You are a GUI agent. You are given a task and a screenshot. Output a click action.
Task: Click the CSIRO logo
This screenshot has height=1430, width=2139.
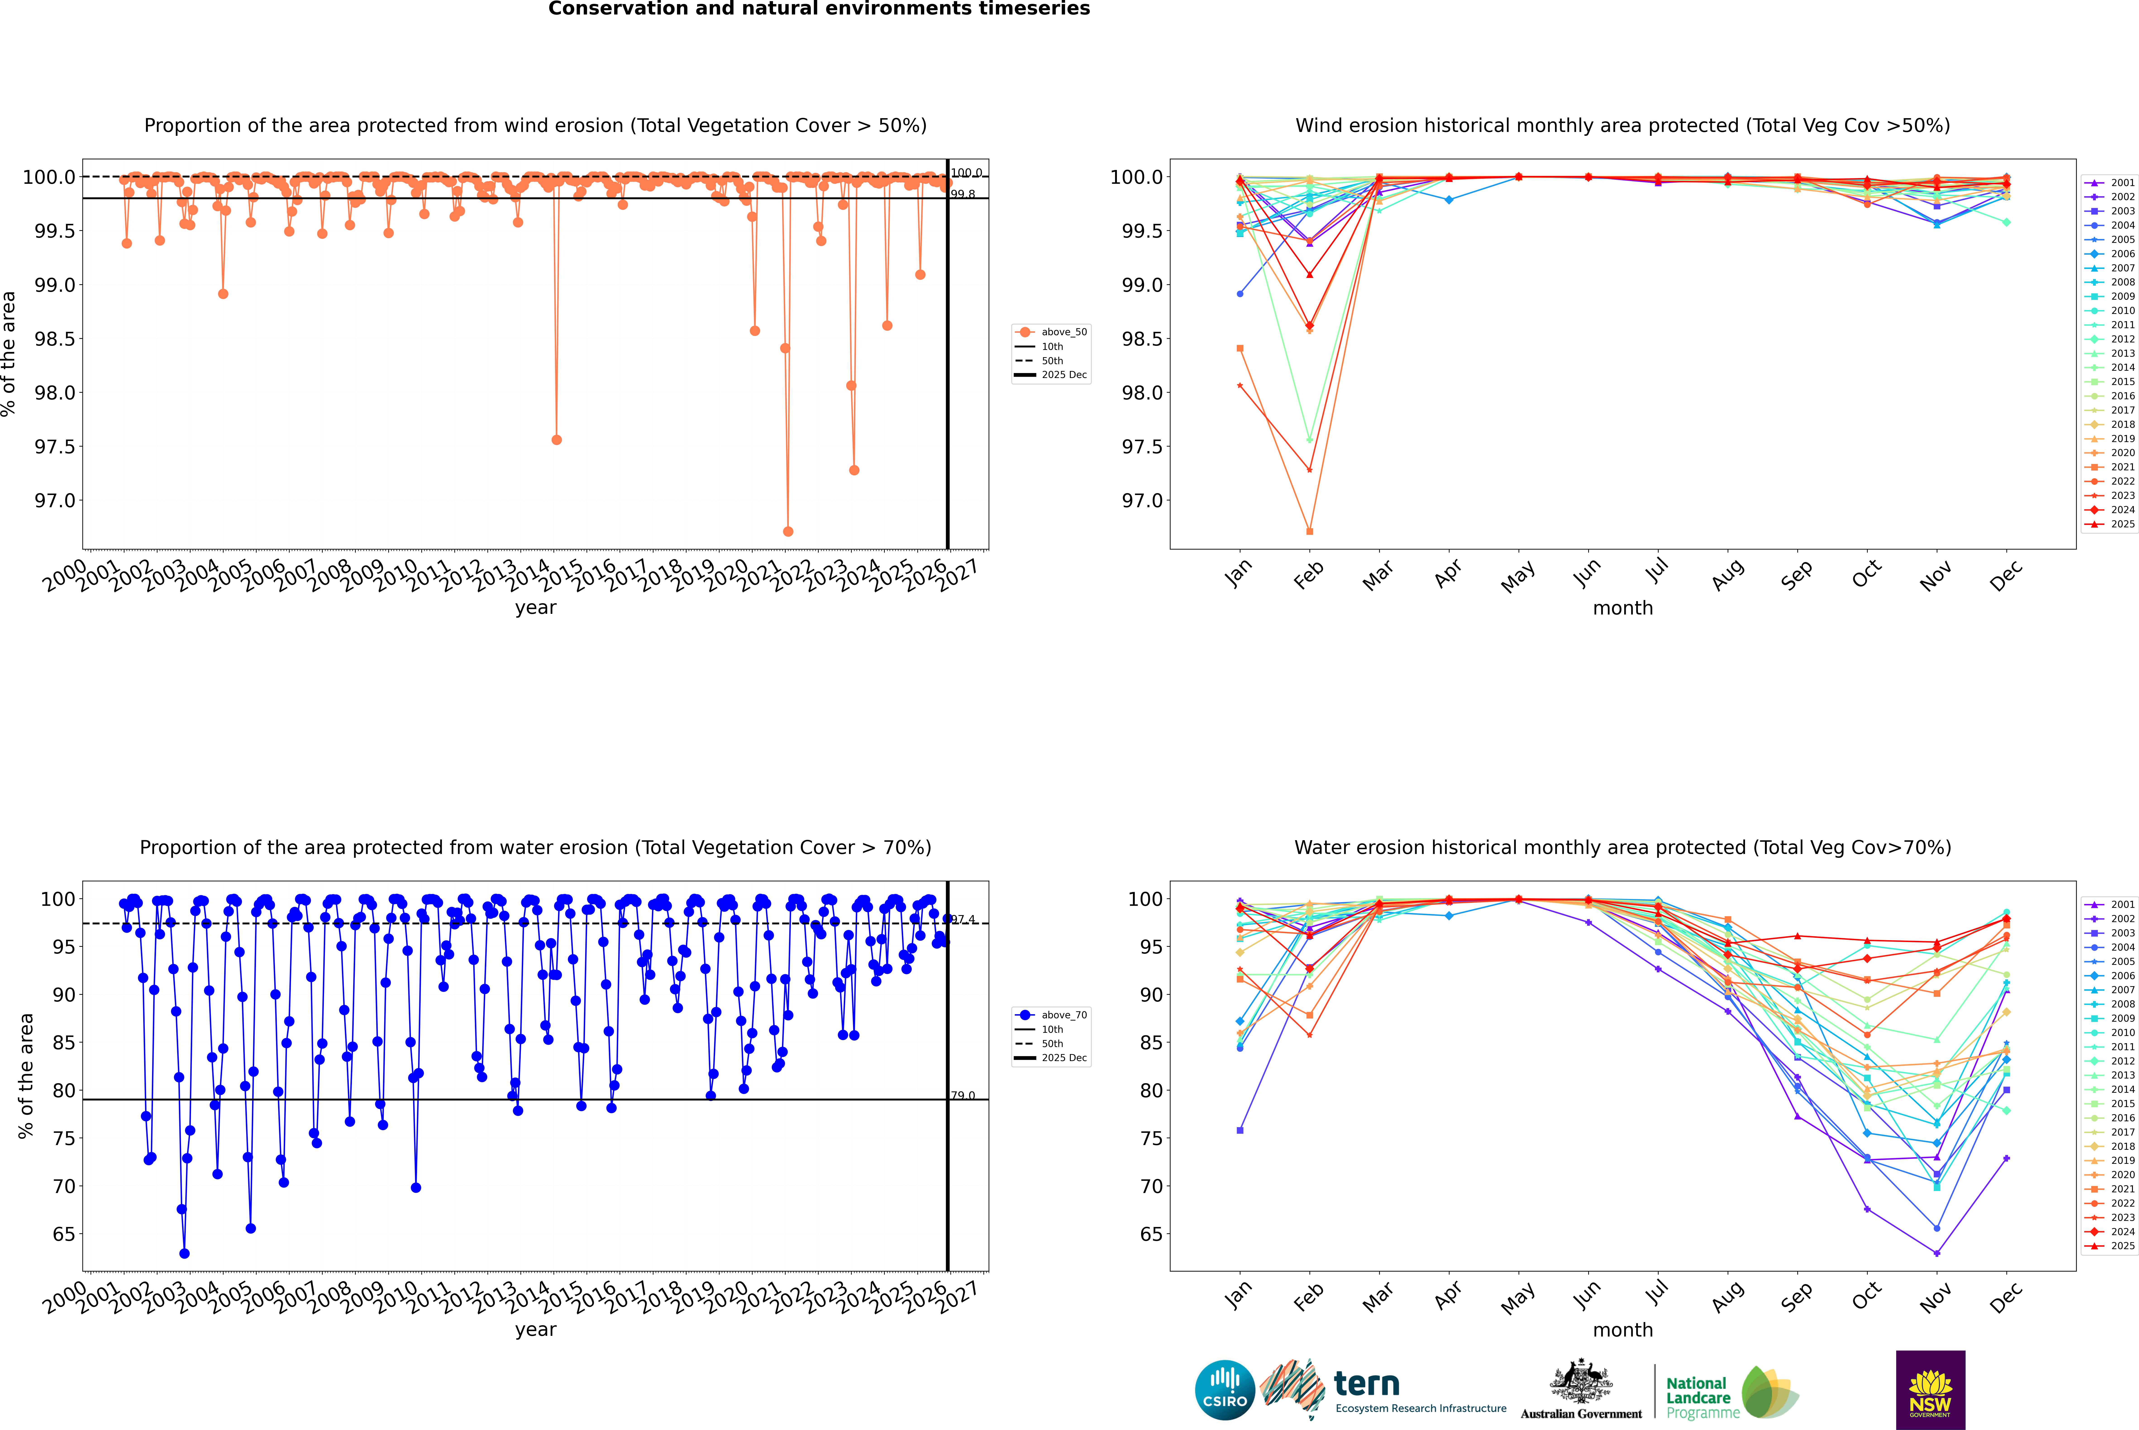1225,1390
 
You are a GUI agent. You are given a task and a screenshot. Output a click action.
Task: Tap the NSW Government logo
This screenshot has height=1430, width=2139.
1930,1390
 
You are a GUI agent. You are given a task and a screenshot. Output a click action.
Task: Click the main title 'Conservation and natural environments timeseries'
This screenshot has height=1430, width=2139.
819,9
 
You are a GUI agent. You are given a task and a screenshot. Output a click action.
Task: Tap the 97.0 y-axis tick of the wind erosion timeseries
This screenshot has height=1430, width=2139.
55,501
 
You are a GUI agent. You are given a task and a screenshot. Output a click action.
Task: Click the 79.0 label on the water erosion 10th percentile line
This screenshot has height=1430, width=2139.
963,1095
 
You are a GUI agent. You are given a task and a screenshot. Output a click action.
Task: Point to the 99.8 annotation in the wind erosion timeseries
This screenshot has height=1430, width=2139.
963,194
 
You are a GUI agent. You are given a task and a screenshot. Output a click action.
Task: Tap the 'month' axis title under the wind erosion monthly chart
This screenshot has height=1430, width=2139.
1622,608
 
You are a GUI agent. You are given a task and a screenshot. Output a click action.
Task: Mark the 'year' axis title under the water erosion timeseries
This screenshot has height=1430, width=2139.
535,1330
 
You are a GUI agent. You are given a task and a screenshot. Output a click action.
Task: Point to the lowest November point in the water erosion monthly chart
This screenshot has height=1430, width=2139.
1936,1253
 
